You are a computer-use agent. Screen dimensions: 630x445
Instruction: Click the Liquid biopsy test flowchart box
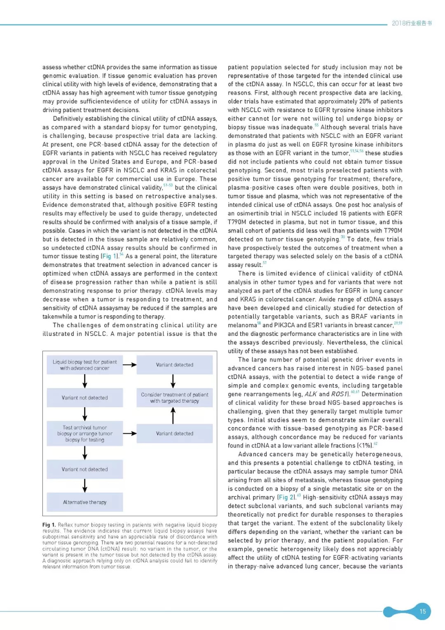85,365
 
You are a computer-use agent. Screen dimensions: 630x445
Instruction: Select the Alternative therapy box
85,502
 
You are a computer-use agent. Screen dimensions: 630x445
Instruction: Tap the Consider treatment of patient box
174,398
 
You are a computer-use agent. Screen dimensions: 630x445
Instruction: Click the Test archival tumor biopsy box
85,434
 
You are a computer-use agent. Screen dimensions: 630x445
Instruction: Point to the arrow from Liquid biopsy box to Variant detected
130,365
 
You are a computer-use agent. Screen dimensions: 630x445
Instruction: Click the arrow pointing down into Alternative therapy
85,486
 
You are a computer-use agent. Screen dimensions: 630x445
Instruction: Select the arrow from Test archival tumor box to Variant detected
130,434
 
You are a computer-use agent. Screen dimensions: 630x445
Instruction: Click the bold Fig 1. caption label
49,525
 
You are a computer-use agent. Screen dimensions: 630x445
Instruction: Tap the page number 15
423,611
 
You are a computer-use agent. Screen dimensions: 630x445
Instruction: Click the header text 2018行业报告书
412,24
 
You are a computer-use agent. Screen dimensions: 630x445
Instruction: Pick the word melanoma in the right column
242,325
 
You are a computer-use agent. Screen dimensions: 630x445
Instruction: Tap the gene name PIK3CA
286,325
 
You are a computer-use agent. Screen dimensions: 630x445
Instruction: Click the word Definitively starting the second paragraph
73,119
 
